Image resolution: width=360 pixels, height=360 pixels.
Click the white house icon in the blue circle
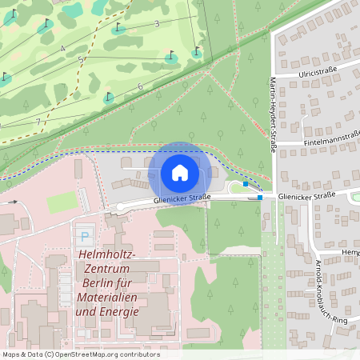pos(179,172)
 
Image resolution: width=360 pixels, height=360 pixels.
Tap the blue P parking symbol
pos(85,237)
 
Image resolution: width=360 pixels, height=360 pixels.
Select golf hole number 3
pos(156,24)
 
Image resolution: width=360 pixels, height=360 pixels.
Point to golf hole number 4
pos(62,49)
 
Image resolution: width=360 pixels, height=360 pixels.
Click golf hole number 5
pos(81,60)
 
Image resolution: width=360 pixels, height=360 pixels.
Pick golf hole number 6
pos(139,86)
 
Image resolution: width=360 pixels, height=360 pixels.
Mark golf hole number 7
pos(37,122)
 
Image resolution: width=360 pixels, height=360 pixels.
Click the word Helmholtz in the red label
pos(108,254)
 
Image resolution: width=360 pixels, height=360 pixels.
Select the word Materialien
pos(108,298)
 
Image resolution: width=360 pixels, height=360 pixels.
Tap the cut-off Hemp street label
pos(350,252)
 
